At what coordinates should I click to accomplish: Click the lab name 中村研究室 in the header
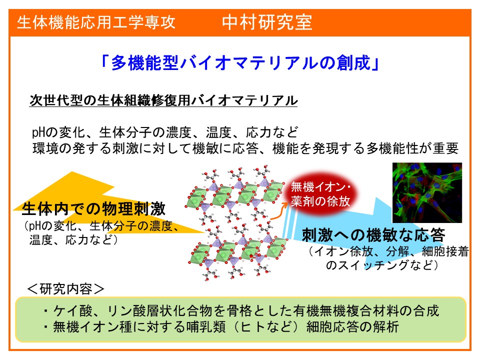tap(267, 22)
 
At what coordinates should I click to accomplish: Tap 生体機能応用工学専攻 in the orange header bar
tap(96, 22)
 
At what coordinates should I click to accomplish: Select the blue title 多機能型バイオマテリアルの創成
tap(240, 63)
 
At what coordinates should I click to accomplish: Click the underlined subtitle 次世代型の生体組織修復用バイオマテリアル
tap(163, 100)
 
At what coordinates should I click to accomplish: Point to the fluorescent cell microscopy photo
tap(427, 192)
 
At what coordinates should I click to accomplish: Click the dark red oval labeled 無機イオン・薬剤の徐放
tap(320, 194)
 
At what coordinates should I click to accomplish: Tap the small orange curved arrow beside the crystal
tap(278, 212)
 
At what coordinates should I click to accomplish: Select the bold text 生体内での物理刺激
tap(93, 209)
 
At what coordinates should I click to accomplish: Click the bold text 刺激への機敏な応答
tap(373, 235)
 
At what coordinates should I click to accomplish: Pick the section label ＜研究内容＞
tap(66, 288)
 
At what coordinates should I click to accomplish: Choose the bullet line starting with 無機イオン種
tap(221, 326)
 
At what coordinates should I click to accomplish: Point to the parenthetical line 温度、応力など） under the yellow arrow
tap(73, 239)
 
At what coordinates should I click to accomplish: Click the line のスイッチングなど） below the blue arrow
tap(381, 265)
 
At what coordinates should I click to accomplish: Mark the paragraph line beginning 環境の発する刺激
tap(245, 148)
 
